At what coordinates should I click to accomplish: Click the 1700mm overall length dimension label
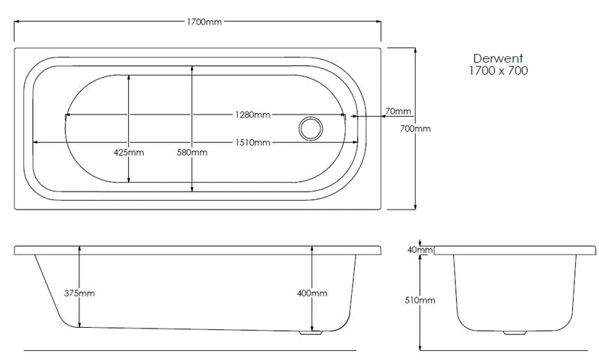204,22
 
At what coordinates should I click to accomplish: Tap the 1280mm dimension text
252,115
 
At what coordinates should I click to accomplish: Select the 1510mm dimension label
252,142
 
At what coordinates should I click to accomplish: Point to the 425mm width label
128,152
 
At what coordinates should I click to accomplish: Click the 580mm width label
192,152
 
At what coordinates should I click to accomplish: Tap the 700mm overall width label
416,129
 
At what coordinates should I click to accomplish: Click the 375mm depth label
79,293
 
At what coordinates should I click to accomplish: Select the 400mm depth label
312,293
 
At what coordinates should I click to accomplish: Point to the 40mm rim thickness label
419,249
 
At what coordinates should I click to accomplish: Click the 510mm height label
419,300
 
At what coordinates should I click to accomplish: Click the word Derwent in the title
493,58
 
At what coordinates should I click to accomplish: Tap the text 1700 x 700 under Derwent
493,70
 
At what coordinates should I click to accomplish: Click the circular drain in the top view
309,128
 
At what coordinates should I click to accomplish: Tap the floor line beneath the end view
509,350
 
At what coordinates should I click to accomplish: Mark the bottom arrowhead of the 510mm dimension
419,346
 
